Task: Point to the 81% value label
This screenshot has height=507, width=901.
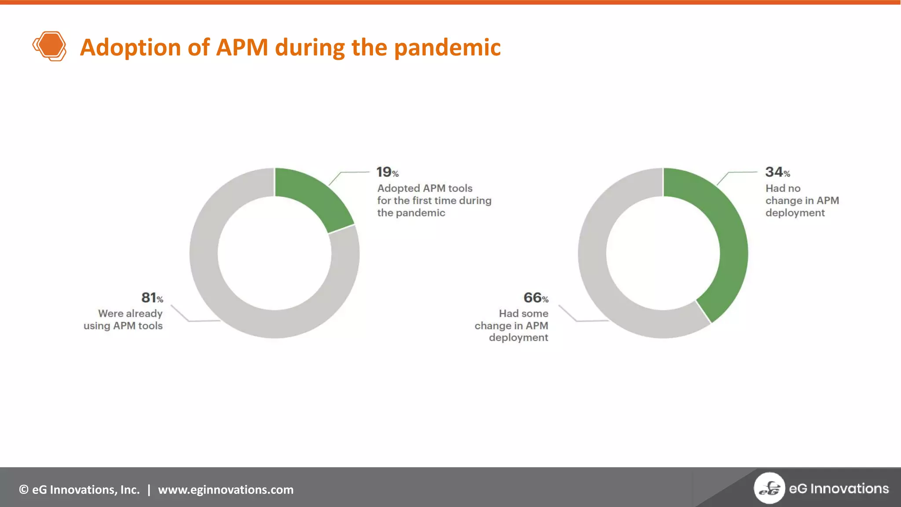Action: pos(152,298)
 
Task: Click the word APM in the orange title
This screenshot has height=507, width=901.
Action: pos(242,48)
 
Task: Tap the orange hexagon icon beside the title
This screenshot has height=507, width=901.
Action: pos(50,46)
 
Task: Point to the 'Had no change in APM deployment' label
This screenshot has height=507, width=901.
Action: pos(802,200)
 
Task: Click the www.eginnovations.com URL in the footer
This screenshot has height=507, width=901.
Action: pos(226,489)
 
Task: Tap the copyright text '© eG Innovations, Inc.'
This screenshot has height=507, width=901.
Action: pos(79,489)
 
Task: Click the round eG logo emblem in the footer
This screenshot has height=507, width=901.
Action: pos(769,488)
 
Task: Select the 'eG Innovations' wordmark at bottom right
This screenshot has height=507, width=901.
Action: pos(839,489)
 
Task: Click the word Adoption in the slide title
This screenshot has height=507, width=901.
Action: pos(130,48)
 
